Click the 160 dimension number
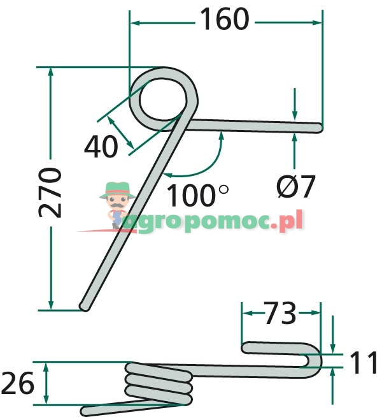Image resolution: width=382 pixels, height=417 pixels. [225, 19]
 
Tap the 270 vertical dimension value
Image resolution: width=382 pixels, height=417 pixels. [50, 193]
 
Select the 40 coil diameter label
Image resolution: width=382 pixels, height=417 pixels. [101, 146]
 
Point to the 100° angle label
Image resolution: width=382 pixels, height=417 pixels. [197, 195]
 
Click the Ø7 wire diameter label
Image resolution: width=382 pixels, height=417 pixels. [295, 186]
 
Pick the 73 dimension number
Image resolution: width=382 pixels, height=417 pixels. [280, 312]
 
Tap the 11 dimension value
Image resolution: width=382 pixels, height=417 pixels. [363, 362]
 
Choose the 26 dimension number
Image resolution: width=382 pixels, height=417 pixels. [18, 383]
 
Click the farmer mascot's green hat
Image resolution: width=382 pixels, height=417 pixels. [117, 190]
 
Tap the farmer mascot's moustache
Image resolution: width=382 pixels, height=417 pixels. [117, 205]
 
